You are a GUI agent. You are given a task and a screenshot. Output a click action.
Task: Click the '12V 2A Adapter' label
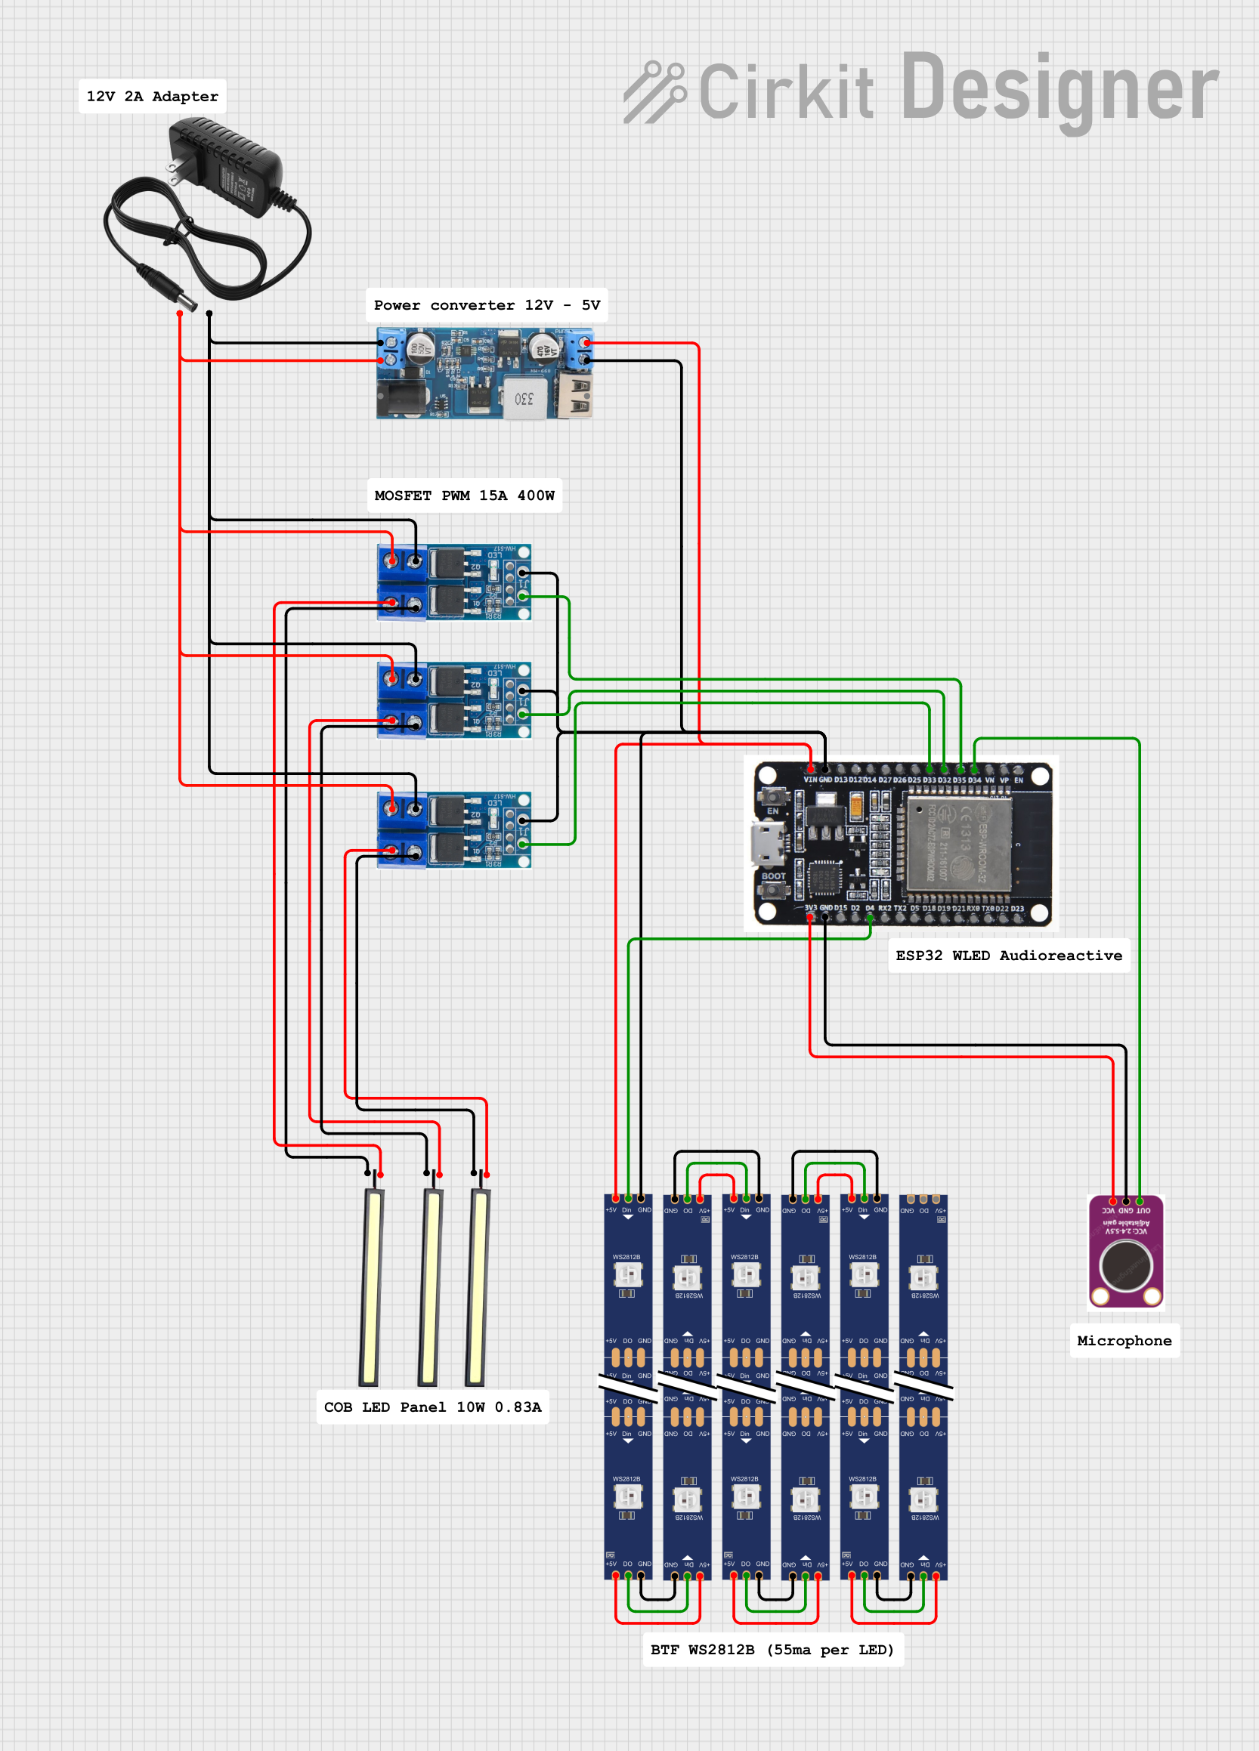[x=152, y=97]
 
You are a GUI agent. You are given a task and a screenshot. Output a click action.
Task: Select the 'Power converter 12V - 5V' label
[x=486, y=305]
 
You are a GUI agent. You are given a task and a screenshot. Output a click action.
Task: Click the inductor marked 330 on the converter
[x=524, y=399]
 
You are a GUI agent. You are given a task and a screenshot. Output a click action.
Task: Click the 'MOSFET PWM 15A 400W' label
[x=463, y=496]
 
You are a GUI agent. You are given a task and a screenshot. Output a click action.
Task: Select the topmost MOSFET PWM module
[x=453, y=582]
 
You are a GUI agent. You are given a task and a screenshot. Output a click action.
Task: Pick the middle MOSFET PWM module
[x=453, y=699]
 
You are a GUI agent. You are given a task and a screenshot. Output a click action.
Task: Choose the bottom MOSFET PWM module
[x=453, y=830]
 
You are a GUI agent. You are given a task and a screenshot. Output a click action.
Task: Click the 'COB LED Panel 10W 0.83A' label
[x=432, y=1407]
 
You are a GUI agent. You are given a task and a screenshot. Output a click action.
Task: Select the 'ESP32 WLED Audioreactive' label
[x=1008, y=956]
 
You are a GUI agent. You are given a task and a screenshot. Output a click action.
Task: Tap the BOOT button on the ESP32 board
[x=772, y=890]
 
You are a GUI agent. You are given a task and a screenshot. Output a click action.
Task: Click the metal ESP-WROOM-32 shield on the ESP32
[x=957, y=842]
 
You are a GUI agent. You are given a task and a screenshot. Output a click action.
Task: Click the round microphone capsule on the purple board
[x=1125, y=1266]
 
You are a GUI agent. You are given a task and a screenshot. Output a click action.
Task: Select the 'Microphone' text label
[x=1124, y=1341]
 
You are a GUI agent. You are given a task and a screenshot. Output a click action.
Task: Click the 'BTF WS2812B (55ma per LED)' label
[x=772, y=1650]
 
